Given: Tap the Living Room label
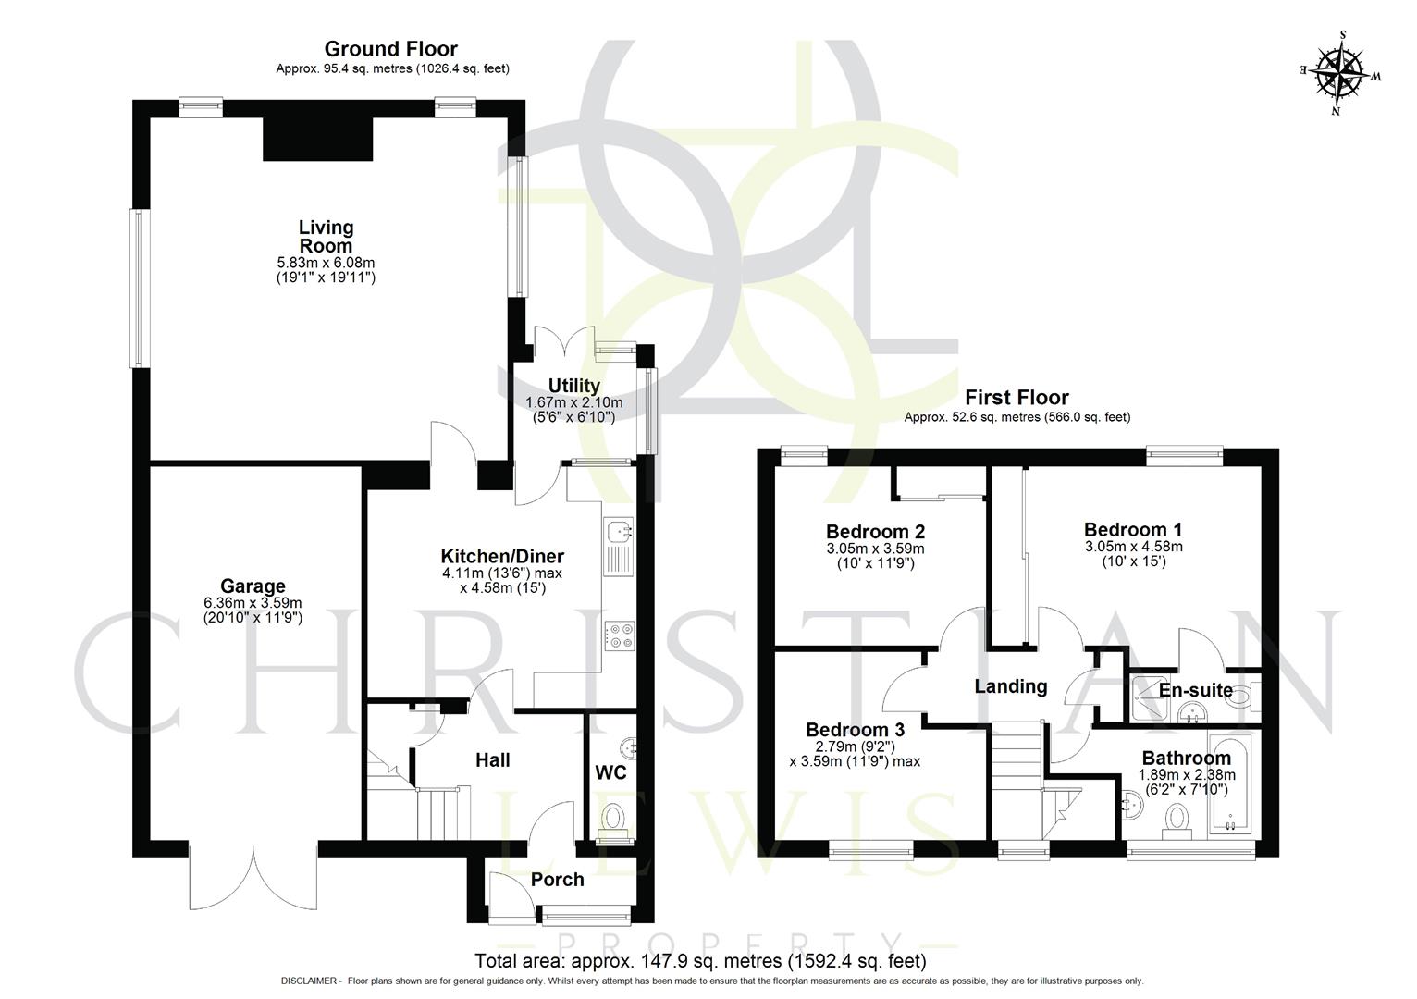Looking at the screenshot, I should (x=326, y=237).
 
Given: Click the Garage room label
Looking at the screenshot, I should (x=253, y=586).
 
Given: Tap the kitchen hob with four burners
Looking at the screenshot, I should (x=618, y=636).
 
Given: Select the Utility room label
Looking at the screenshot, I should (x=573, y=386).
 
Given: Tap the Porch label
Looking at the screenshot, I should (x=557, y=880).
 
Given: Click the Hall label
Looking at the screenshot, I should (x=492, y=760).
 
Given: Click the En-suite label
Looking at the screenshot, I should (x=1195, y=690).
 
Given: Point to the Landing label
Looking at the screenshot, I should (x=1010, y=686).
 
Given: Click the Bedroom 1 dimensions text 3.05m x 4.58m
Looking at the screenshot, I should (x=1133, y=547).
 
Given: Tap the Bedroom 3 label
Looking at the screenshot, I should (x=855, y=729).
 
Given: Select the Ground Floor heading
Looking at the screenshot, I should (x=390, y=49).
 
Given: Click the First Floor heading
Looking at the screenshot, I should (x=1017, y=398).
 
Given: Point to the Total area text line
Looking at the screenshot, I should (x=699, y=961).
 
